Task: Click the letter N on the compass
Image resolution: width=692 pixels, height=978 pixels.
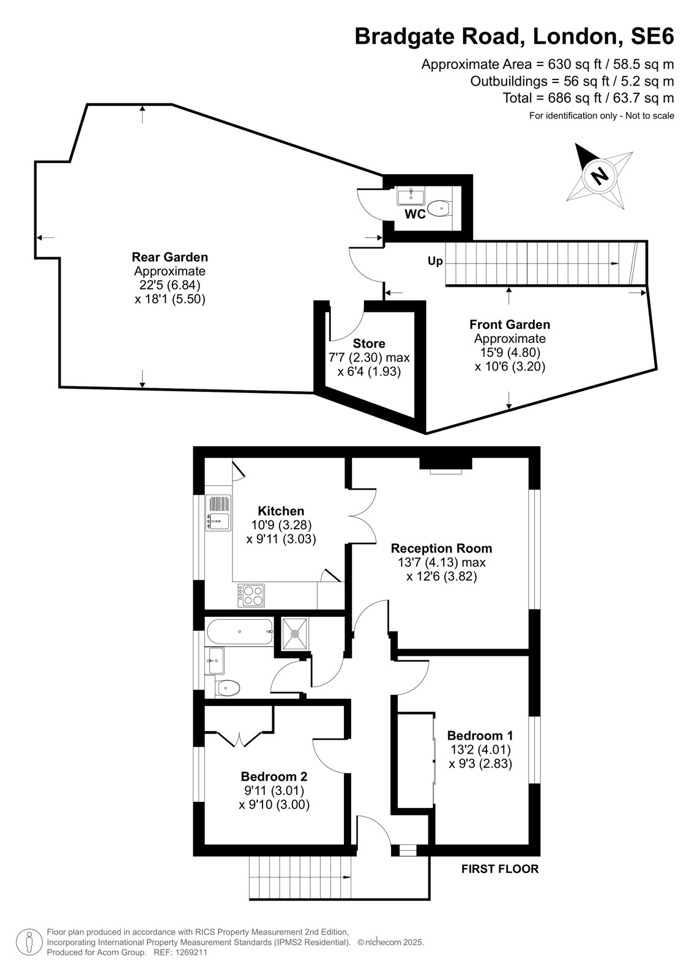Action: point(600,176)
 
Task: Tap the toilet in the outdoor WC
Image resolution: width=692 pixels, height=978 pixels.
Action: point(439,208)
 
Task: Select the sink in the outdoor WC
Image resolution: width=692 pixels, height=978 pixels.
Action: point(411,196)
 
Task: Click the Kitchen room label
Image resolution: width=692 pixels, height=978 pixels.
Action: point(281,511)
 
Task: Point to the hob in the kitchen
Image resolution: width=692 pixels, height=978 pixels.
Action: point(251,595)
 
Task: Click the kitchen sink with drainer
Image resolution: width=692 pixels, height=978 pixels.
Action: point(218,513)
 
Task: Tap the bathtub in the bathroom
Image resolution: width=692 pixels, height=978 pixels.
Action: point(240,632)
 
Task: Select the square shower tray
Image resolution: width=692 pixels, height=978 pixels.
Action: point(295,633)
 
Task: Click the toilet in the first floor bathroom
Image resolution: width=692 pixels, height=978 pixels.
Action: point(228,689)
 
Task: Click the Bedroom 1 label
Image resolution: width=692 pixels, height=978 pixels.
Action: point(480,736)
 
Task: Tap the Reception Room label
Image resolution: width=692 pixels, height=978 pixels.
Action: point(442,548)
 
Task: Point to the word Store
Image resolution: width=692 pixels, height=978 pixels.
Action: point(369,344)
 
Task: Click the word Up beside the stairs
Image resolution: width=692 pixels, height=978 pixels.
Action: point(435,262)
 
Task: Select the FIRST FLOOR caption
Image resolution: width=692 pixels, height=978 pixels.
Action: point(500,869)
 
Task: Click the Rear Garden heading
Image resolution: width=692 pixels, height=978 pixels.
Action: point(169,257)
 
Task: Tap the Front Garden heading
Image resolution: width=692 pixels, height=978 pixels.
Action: point(510,325)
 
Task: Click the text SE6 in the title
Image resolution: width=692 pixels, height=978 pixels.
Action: point(652,36)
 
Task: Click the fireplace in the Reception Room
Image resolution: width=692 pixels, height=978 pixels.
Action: point(446,465)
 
